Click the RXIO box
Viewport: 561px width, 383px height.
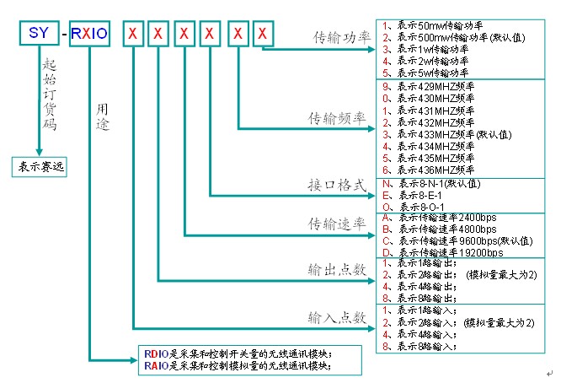[x=89, y=35]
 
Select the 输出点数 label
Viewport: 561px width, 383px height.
[x=337, y=269]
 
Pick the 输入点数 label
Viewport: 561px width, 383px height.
[x=337, y=317]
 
